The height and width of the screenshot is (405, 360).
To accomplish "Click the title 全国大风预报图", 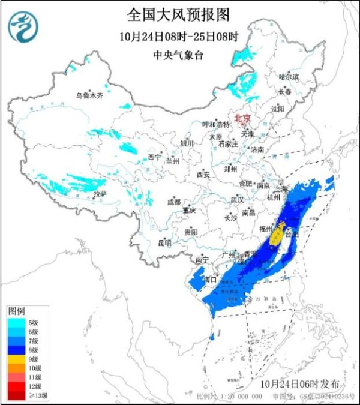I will pyautogui.click(x=179, y=13).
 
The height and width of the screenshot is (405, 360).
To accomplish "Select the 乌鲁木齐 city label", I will pyautogui.click(x=89, y=95).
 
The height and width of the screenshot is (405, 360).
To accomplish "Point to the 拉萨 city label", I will pyautogui.click(x=100, y=194).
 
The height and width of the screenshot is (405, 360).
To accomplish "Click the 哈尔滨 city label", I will pyautogui.click(x=289, y=77).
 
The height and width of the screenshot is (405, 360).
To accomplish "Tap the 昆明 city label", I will pyautogui.click(x=164, y=243).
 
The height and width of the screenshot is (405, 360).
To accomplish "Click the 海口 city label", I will pyautogui.click(x=209, y=280).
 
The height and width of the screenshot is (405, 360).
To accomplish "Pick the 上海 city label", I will pyautogui.click(x=281, y=189).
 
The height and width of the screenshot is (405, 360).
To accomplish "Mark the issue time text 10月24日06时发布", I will pyautogui.click(x=304, y=383).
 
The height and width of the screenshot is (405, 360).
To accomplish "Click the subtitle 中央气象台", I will pyautogui.click(x=179, y=54).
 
